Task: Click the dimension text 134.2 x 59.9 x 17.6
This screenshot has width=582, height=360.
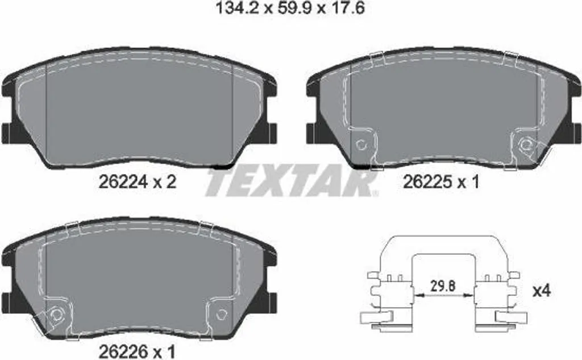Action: [x=290, y=8]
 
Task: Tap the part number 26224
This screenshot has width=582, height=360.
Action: [x=123, y=182]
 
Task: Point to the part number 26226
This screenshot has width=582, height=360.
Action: [x=123, y=351]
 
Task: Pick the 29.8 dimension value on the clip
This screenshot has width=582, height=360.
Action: [x=443, y=287]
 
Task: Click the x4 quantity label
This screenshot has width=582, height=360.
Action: [x=542, y=291]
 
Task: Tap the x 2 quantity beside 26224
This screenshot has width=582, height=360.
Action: [x=165, y=182]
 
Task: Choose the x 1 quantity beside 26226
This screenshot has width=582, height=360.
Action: [x=164, y=351]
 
